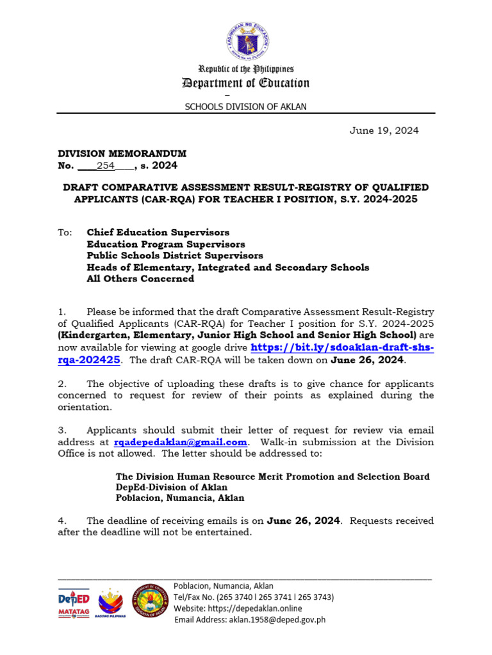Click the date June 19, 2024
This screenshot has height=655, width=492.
[x=384, y=130]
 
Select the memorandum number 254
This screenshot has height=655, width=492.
[x=105, y=166]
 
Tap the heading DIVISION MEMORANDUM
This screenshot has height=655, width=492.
[x=122, y=154]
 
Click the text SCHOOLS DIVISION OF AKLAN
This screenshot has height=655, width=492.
[x=246, y=107]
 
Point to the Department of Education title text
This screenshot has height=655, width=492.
[x=246, y=83]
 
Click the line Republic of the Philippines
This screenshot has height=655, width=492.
[x=246, y=69]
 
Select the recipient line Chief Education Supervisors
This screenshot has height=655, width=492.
[x=158, y=232]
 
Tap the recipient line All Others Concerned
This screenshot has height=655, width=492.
[x=140, y=278]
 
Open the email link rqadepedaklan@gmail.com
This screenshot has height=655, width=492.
[x=180, y=442]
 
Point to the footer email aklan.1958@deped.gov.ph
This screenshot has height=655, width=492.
[x=250, y=619]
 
